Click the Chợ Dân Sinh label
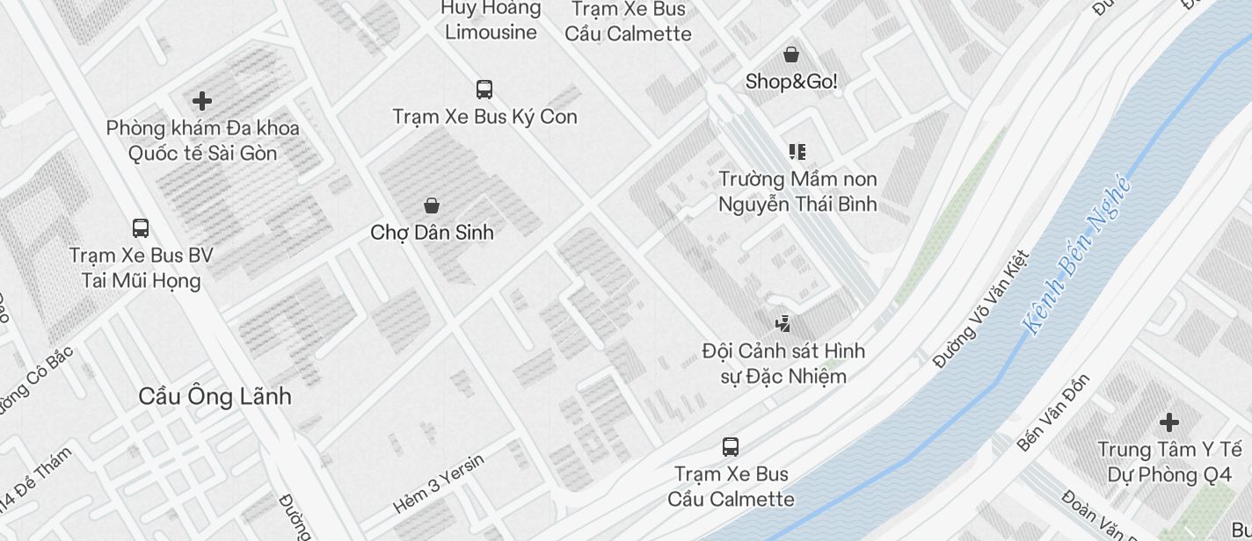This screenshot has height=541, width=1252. click(432, 233)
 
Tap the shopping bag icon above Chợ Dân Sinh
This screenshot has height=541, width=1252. click(432, 206)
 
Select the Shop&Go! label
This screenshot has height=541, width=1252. click(791, 82)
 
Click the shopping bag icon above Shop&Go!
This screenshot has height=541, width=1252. click(791, 54)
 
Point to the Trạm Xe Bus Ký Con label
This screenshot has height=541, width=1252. click(484, 117)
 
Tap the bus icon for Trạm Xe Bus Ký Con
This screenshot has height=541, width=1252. click(484, 89)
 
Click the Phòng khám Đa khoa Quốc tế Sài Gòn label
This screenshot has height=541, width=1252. click(203, 141)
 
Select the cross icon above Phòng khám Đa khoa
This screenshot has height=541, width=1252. click(202, 100)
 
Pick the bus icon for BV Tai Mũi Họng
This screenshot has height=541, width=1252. click(141, 228)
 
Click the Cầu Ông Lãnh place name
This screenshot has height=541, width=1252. click(215, 396)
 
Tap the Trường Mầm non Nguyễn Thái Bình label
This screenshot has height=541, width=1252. click(797, 191)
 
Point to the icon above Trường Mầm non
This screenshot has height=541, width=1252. click(797, 152)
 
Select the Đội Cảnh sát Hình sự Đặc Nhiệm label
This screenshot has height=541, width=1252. click(783, 364)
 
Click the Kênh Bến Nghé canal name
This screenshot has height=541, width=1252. click(1076, 255)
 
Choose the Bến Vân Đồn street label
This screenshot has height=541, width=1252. click(1053, 413)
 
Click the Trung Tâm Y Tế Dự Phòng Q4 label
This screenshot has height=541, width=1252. click(1169, 462)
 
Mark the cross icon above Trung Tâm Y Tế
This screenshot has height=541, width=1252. click(1169, 422)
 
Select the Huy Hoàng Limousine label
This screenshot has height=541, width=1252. click(491, 20)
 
